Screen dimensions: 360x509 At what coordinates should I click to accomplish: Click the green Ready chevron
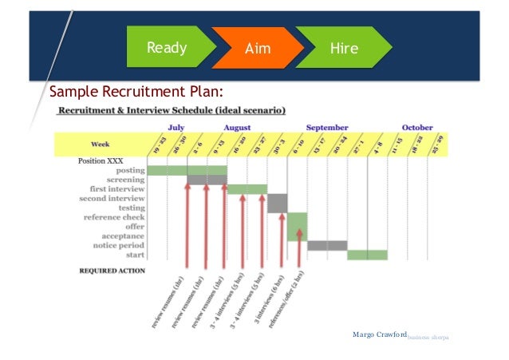pos(166,48)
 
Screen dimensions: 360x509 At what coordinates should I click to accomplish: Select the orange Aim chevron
pos(257,49)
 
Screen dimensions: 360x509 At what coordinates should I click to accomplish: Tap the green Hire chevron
pos(344,49)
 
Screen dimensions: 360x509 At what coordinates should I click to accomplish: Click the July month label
pos(177,127)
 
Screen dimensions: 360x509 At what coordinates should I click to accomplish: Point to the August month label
pos(237,127)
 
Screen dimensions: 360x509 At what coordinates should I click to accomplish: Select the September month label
pos(327,127)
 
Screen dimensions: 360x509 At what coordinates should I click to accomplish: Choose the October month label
pos(417,127)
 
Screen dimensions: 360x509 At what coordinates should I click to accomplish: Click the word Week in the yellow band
pos(100,144)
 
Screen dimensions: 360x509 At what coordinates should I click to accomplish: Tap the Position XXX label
pos(101,160)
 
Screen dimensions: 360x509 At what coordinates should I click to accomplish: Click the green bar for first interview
pos(247,189)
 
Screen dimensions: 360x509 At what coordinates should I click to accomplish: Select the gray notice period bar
pos(327,245)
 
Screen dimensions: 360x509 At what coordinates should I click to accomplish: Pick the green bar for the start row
pos(367,255)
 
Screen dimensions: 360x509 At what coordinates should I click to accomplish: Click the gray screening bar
pos(207,180)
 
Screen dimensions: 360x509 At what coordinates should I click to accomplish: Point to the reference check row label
pos(114,217)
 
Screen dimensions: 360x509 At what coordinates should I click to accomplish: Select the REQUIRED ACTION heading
pos(112,271)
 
